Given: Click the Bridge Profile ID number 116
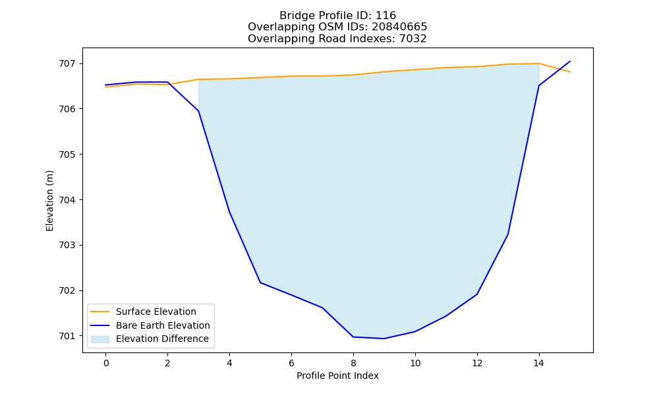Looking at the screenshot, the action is pos(386,16).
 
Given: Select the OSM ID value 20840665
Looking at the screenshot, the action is pos(399,27).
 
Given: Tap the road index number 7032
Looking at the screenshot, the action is pos(413,39).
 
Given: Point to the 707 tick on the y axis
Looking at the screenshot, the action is pos(67,64).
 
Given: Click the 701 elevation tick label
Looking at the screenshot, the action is pos(67,336).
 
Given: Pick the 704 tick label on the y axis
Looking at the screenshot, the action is pos(67,200).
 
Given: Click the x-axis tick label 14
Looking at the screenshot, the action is pos(539,363).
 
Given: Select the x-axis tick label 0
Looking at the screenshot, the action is pos(106,363).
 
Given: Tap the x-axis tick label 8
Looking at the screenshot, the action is pos(353,363).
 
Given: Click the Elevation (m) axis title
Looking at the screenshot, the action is pos(49,201).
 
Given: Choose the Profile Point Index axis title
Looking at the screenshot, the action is pos(337,376).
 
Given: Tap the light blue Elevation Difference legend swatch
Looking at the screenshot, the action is pos(100,339).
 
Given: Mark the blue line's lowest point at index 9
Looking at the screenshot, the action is pos(384,339).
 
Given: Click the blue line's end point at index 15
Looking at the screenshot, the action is pos(570,61).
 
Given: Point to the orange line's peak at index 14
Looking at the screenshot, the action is pos(539,63).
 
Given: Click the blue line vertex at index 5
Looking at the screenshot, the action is pos(260,282).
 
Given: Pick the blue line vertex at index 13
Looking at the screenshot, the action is pos(508,234).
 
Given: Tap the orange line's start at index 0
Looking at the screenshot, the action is pos(106,86).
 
